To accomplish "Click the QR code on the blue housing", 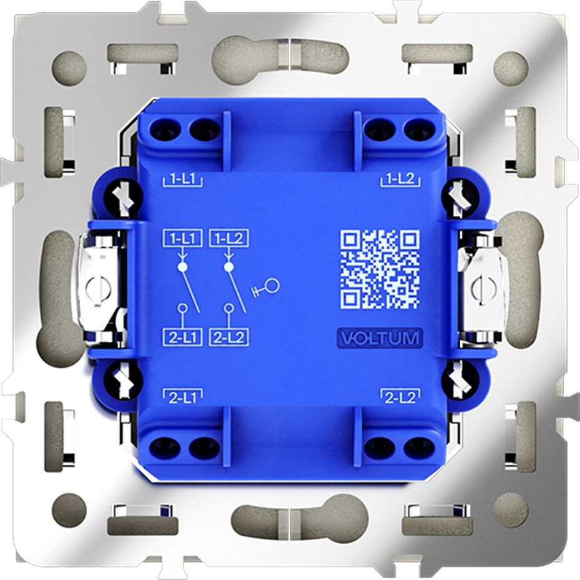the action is [380, 269].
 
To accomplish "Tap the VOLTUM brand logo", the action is [380, 339].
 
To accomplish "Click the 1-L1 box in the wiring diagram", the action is [182, 239].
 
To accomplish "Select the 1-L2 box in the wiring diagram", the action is [229, 239].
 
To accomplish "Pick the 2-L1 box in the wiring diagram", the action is [182, 338].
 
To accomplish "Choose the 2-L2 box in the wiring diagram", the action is [229, 338].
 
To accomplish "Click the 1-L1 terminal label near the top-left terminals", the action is [182, 180].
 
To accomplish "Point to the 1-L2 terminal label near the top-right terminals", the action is [400, 180].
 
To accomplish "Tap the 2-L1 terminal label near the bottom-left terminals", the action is [182, 397].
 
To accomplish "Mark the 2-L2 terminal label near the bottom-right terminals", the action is [400, 397].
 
